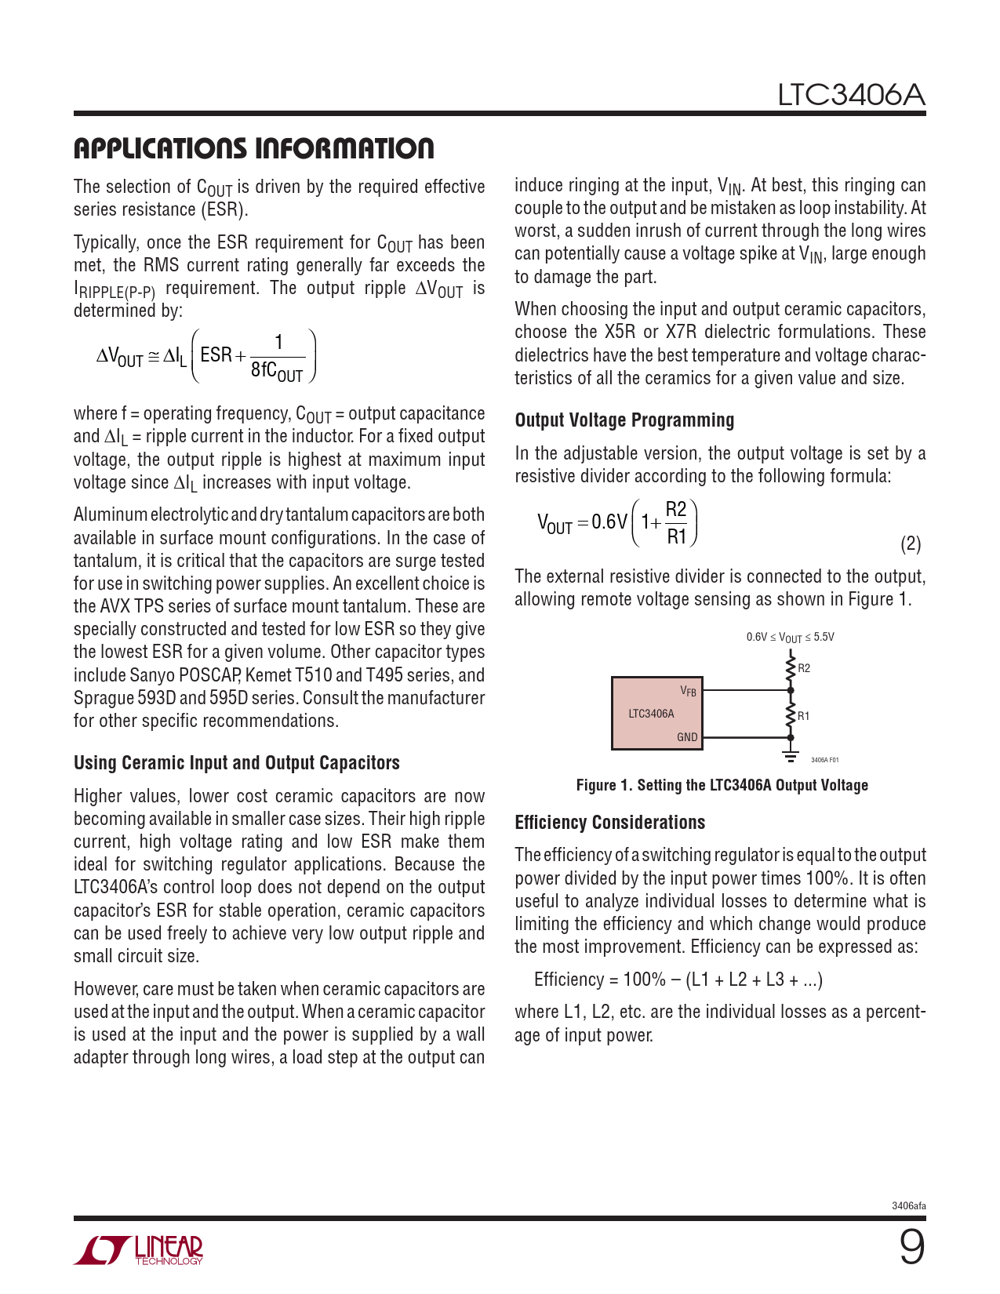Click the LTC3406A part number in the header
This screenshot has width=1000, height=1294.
click(851, 96)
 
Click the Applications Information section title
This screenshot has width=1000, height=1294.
click(253, 148)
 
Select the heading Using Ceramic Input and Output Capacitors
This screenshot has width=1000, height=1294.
click(236, 763)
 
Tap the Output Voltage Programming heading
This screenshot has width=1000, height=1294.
click(624, 420)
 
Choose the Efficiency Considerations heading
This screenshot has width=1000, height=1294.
click(609, 823)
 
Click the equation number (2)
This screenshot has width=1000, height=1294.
click(910, 544)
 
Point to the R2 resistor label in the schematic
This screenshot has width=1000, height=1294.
click(804, 669)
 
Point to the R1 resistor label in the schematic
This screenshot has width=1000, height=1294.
click(804, 716)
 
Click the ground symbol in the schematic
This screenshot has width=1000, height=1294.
click(791, 756)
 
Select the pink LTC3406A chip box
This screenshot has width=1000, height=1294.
click(656, 713)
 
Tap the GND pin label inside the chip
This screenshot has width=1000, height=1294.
click(687, 737)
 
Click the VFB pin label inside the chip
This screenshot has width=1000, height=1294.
click(688, 691)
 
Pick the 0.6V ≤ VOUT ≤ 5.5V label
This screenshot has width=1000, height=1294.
click(790, 638)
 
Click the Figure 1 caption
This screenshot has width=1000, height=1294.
click(722, 785)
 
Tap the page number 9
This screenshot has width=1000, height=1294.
click(911, 1247)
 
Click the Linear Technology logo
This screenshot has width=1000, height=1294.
click(139, 1250)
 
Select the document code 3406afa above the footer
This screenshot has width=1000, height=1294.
click(908, 1206)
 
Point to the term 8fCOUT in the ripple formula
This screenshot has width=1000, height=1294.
click(277, 370)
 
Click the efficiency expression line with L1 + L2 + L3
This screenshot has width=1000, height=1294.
click(678, 980)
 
